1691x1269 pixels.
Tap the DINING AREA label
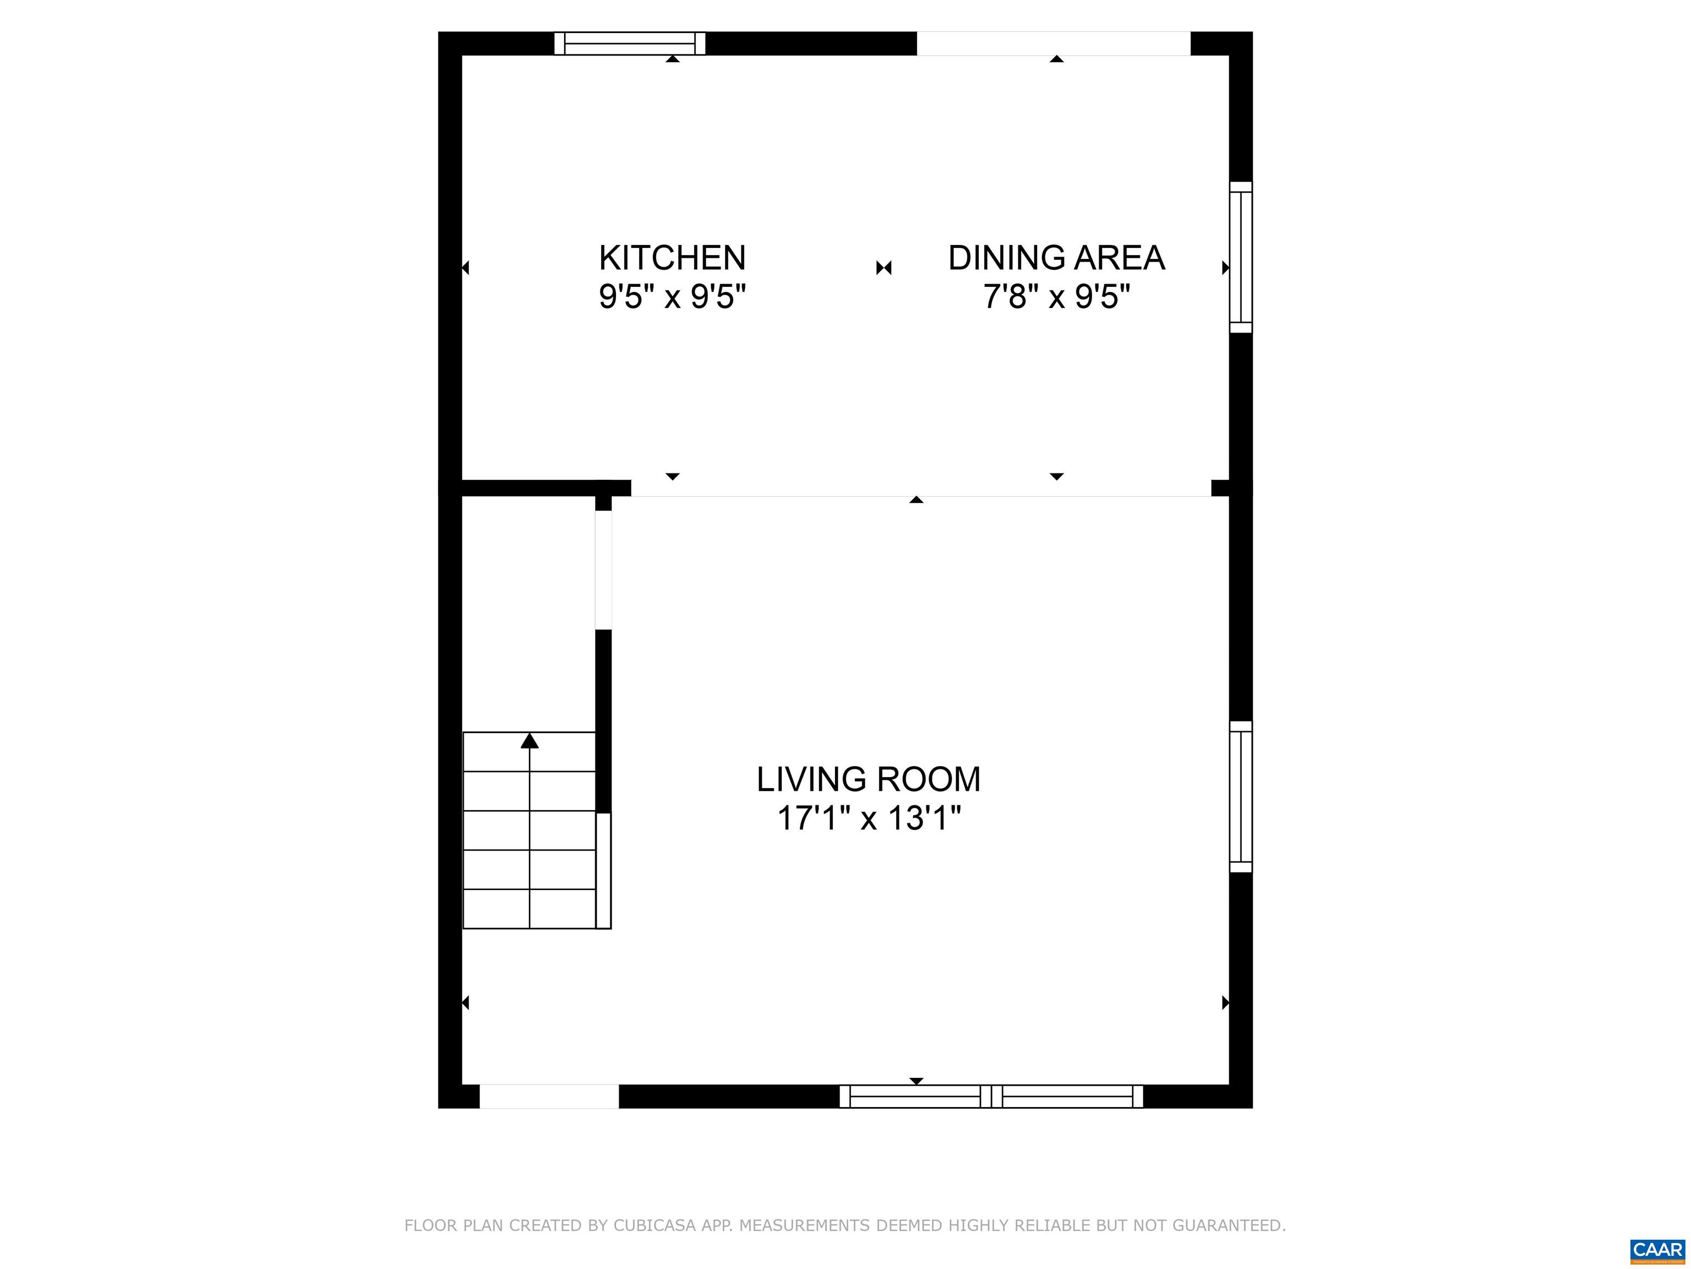[x=1056, y=258]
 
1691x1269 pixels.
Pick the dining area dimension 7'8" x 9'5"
[x=1056, y=296]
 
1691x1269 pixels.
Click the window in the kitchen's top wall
[x=629, y=44]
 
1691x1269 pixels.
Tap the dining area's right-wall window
[x=1240, y=257]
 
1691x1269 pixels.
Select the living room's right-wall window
[x=1240, y=796]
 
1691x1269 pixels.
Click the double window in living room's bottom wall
[x=991, y=1096]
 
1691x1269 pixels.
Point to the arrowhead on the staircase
[x=529, y=740]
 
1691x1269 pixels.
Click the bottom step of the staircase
[x=529, y=909]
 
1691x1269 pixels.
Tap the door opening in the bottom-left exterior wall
[x=548, y=1096]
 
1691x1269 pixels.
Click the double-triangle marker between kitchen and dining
[x=883, y=268]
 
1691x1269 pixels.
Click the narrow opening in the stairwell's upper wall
[x=603, y=570]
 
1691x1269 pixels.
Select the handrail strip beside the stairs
[x=603, y=870]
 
